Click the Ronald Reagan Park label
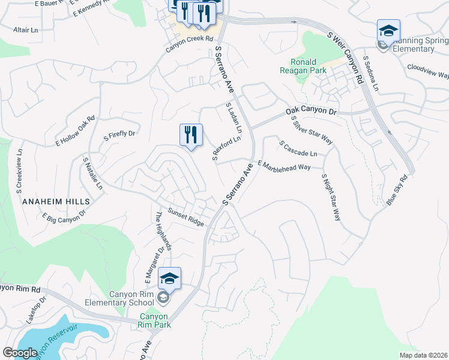[308, 66]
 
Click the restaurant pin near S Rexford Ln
[191, 136]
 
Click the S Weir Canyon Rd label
[345, 58]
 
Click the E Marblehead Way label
[284, 165]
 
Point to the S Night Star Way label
[331, 197]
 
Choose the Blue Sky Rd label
[397, 190]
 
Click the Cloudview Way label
[427, 71]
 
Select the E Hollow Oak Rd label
[75, 131]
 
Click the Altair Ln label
[25, 29]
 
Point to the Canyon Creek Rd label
[190, 38]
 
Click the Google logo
[20, 353]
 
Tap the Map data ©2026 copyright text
[423, 355]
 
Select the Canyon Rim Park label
[154, 320]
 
